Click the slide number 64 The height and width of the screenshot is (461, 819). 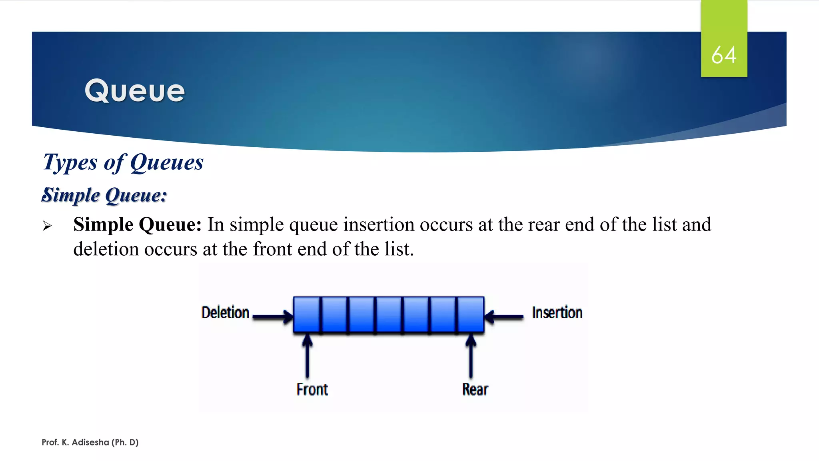(723, 55)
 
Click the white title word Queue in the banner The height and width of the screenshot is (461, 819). (135, 91)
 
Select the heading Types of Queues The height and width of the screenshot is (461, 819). (123, 162)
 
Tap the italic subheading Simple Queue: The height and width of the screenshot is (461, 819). (104, 195)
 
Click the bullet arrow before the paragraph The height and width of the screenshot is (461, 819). (47, 226)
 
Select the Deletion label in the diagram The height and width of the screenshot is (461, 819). (225, 313)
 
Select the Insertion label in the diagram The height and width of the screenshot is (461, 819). (557, 313)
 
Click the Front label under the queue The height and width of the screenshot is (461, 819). (312, 389)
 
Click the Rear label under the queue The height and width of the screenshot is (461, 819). (475, 389)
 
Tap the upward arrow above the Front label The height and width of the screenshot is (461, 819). (307, 356)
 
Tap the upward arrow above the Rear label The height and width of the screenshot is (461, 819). (471, 356)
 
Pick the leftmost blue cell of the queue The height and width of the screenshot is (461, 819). (307, 315)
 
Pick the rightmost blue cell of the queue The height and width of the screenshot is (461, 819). (470, 315)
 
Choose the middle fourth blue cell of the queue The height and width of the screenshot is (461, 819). (389, 315)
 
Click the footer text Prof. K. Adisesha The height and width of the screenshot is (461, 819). (90, 442)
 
